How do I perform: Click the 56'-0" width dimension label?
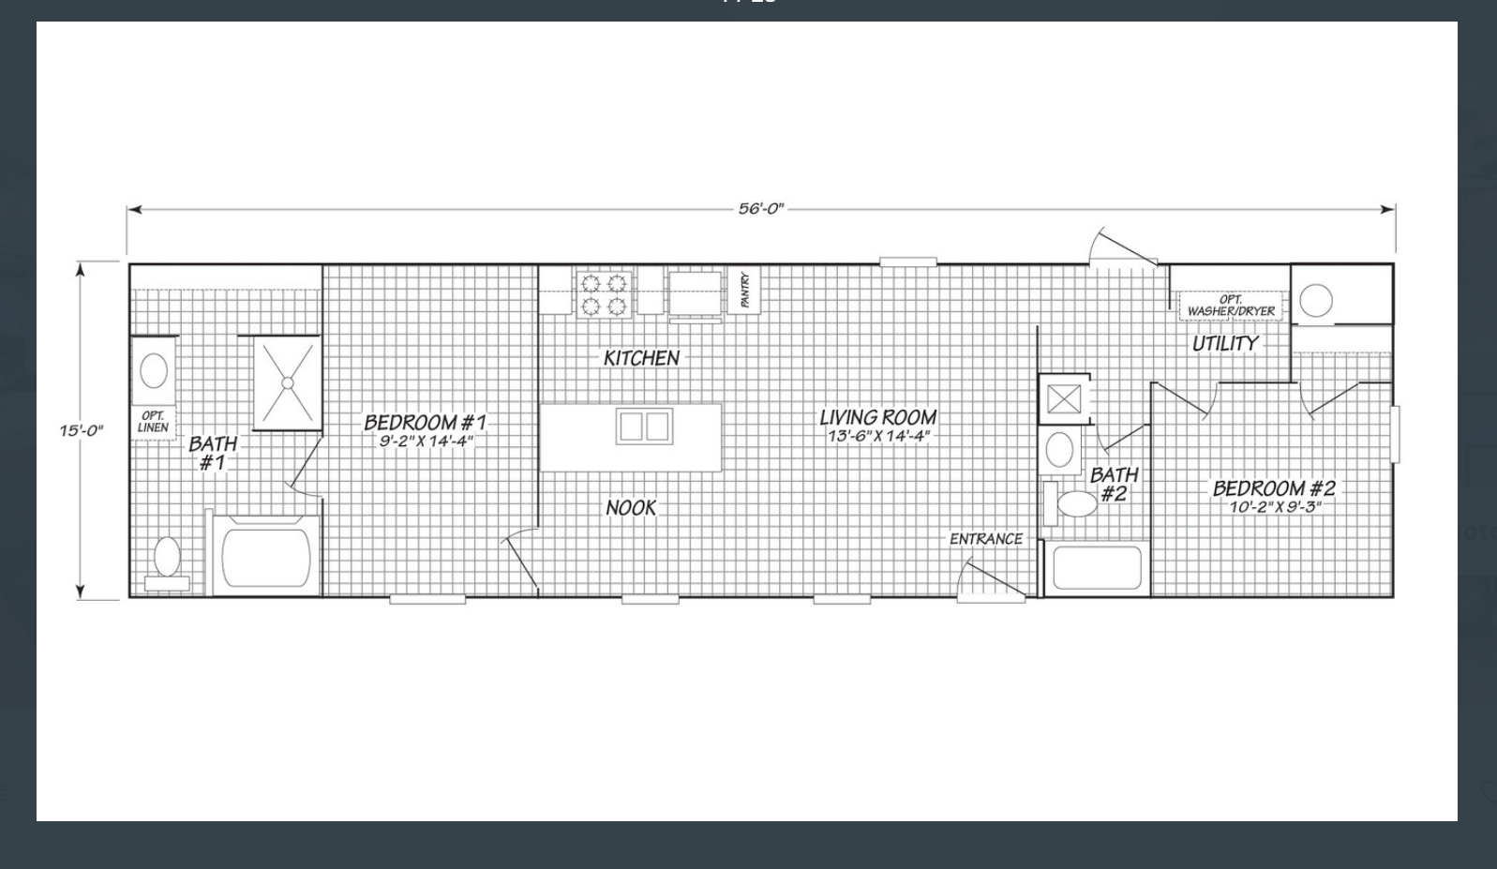coord(760,209)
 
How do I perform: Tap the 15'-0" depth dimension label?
coord(82,430)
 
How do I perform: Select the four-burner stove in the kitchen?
coord(605,294)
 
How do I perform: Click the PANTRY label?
coord(745,290)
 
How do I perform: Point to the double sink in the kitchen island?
coord(644,426)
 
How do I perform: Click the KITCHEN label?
coord(641,358)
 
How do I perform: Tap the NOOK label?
coord(631,508)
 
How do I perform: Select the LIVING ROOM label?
coord(878,417)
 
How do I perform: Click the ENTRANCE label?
coord(986,539)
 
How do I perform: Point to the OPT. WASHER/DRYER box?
coord(1231,306)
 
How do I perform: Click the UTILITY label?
coord(1225,344)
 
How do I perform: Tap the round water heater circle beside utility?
coord(1316,300)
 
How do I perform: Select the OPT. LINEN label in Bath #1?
coord(153,422)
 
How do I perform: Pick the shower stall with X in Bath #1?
coord(288,383)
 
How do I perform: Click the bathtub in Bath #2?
coord(1098,567)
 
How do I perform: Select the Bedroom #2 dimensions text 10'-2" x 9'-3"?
coord(1275,507)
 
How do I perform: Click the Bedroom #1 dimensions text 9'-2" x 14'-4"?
coord(427,441)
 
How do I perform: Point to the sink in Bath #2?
coord(1059,449)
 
